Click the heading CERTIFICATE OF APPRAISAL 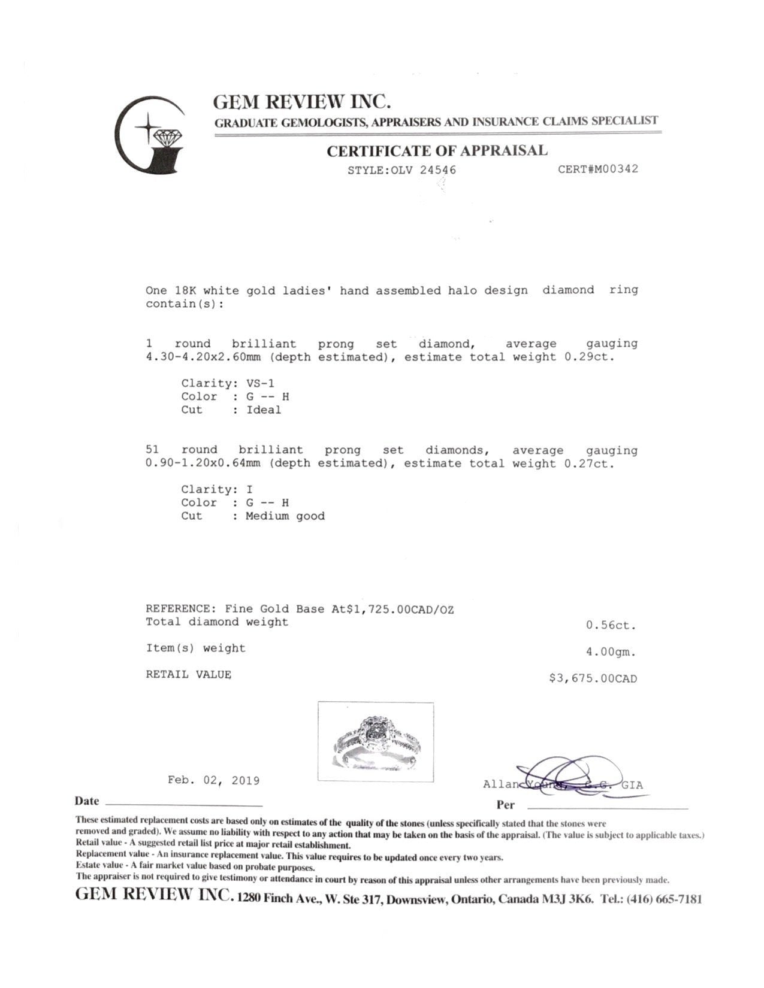point(437,150)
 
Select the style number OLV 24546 point(423,169)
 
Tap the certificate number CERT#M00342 point(597,169)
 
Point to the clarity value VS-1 point(260,383)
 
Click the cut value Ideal point(264,410)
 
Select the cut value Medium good point(285,516)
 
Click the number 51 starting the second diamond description point(153,450)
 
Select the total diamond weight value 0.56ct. point(611,626)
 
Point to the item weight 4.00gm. point(611,652)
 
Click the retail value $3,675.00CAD point(593,678)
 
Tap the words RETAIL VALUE point(189,674)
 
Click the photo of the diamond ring point(376,742)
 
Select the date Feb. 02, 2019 point(213,781)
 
